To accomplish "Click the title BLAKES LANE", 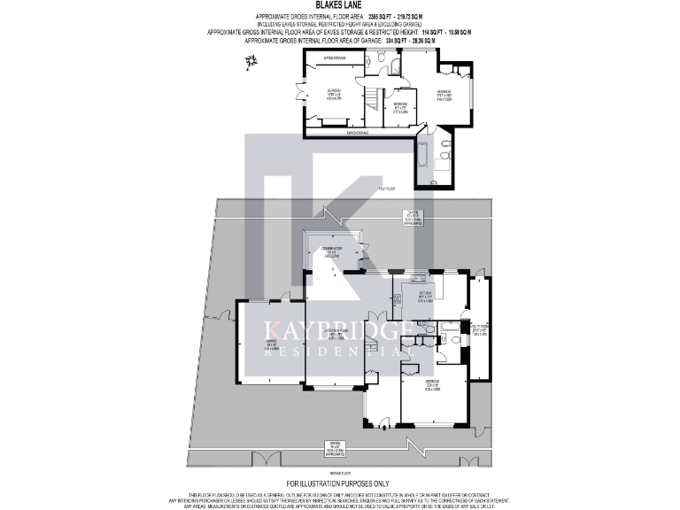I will [x=339, y=5].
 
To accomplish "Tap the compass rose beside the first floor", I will [x=251, y=61].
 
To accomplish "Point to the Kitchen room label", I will [x=424, y=297].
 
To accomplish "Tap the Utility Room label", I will [x=480, y=331].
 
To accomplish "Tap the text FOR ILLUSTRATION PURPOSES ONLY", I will [x=339, y=483].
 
